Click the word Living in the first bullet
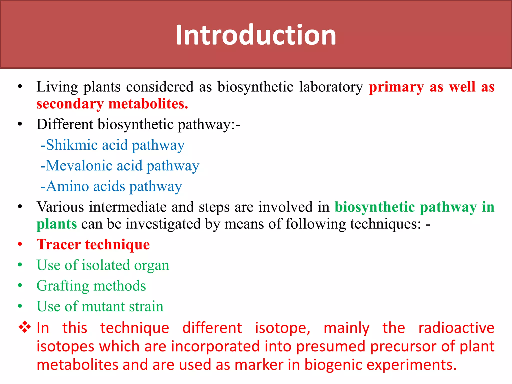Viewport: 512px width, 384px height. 57,87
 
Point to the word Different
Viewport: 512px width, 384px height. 65,124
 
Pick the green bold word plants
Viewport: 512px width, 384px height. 57,224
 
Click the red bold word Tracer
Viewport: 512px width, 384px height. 59,244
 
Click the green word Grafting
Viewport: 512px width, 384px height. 63,286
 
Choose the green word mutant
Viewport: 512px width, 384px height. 103,306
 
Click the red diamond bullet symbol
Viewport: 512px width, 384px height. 25,327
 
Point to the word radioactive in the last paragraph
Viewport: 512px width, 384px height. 456,328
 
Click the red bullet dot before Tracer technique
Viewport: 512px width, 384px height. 20,244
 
